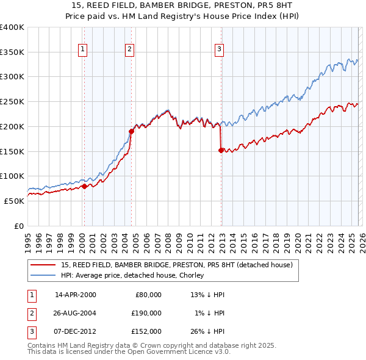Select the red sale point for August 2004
coord(131,131)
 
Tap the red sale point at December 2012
coord(221,149)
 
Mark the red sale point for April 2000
coord(84,186)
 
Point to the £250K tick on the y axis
coord(12,101)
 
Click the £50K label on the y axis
coord(13,201)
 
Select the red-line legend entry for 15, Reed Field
coord(177,265)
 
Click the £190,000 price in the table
coord(146,312)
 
